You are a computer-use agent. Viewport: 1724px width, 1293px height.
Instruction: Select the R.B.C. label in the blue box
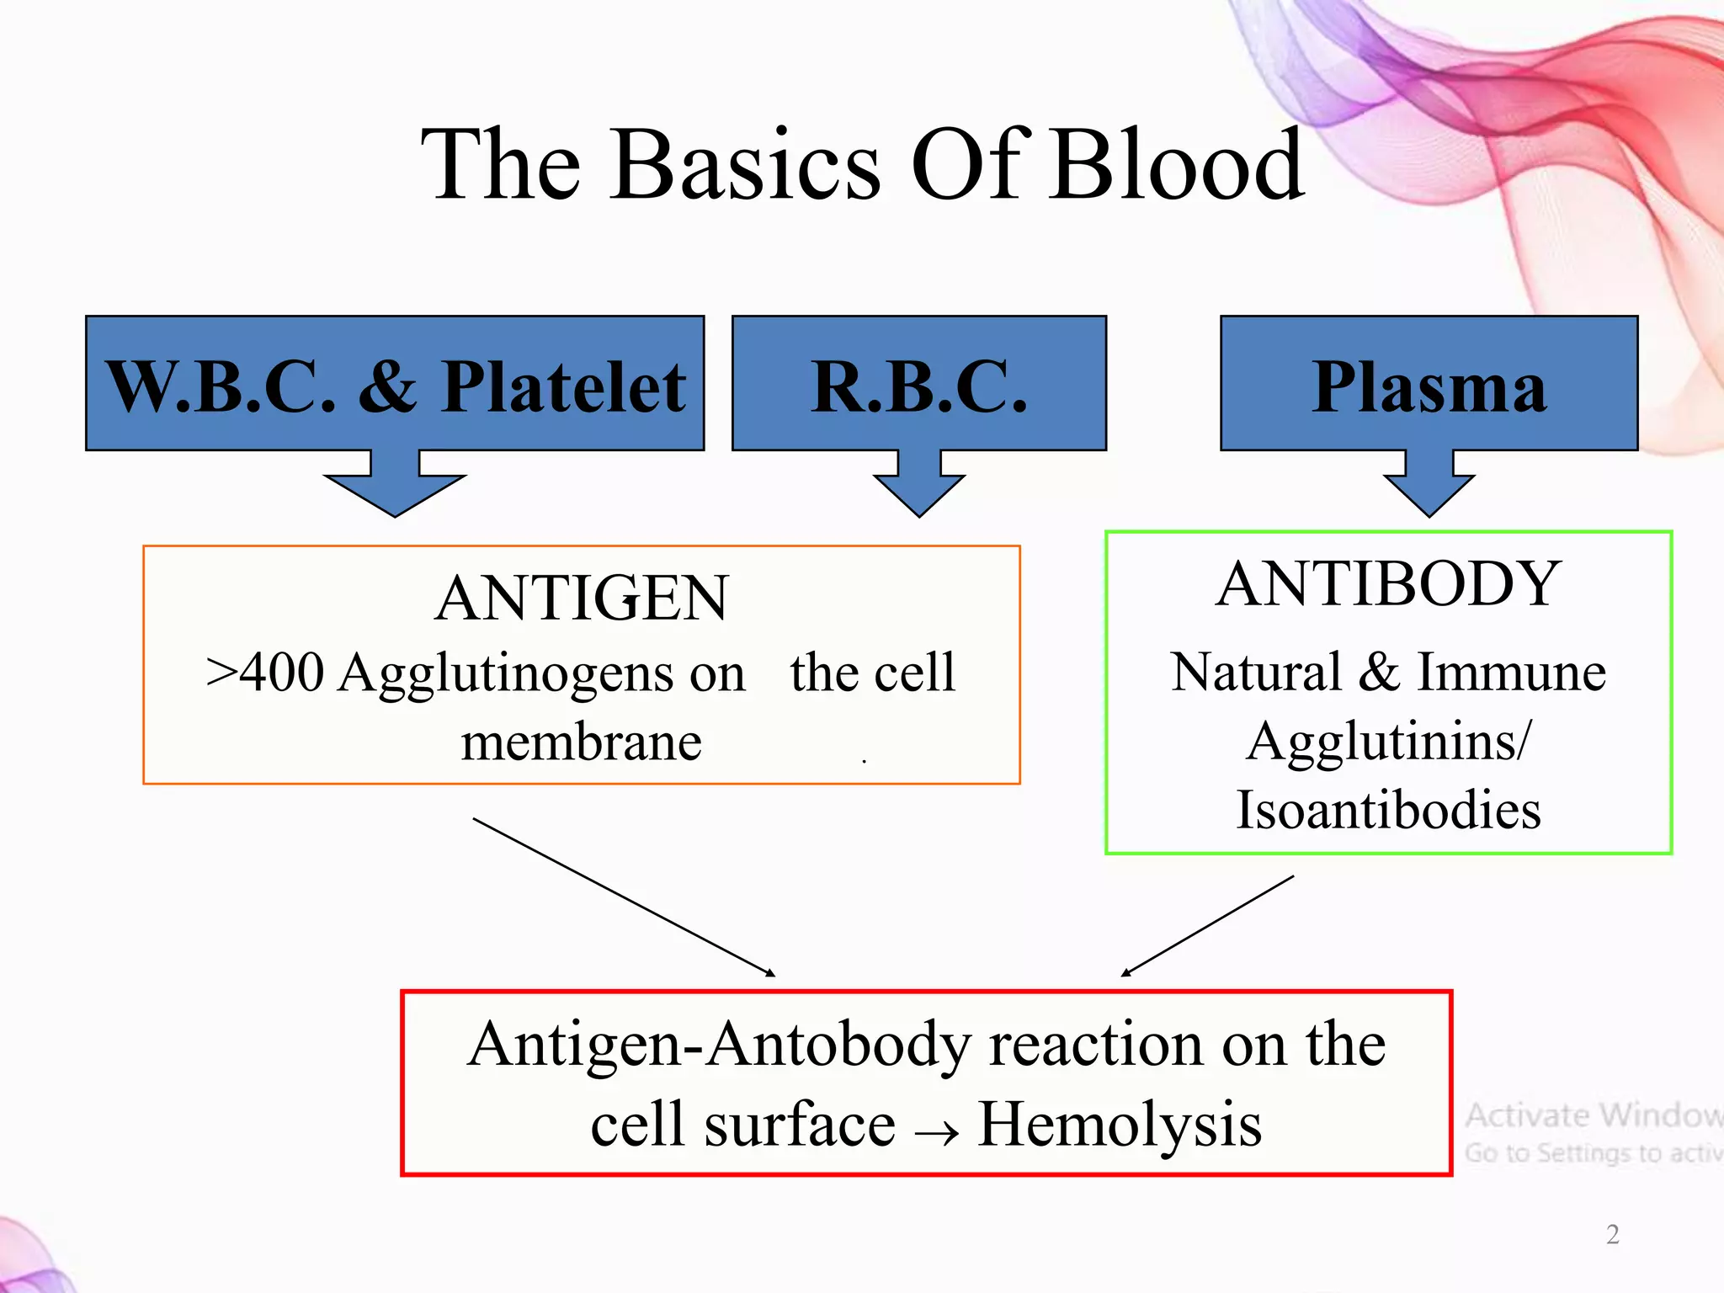[x=919, y=386]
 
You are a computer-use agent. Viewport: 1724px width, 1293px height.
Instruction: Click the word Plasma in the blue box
[x=1429, y=386]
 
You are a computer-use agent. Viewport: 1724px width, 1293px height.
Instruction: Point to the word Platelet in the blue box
[x=564, y=386]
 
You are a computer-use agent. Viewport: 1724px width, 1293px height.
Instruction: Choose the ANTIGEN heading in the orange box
[x=582, y=599]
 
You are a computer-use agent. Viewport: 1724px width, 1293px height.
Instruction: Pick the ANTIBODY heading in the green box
[x=1388, y=583]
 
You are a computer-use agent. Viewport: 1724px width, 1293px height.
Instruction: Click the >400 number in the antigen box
[x=264, y=673]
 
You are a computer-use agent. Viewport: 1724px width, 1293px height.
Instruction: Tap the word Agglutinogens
[x=500, y=674]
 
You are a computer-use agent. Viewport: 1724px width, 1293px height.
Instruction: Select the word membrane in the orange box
[x=582, y=742]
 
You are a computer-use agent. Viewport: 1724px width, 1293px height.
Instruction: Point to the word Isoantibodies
[x=1388, y=810]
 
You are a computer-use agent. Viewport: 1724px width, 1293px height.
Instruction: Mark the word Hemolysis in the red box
[x=1120, y=1125]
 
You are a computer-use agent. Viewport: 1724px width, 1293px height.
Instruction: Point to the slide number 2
[x=1612, y=1234]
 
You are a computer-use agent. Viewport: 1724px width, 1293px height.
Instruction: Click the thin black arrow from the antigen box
[x=623, y=897]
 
